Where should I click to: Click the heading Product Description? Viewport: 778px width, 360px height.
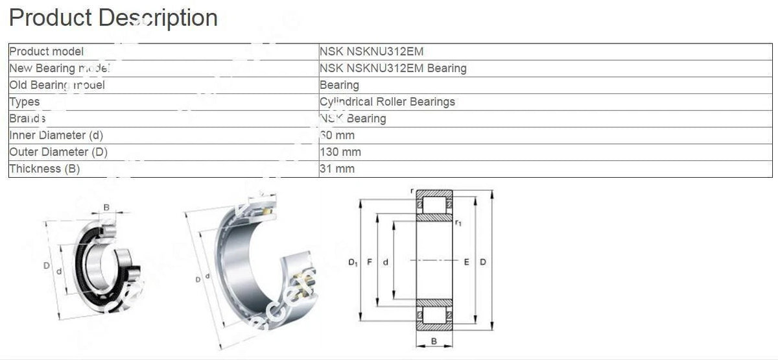(113, 18)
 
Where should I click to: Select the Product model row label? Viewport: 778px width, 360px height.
(47, 51)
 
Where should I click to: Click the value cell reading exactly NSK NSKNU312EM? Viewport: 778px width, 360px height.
(371, 51)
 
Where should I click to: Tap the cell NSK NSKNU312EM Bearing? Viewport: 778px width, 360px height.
(393, 68)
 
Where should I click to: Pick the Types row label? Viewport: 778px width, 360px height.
(25, 102)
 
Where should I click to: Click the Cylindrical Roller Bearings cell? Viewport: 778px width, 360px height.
(387, 102)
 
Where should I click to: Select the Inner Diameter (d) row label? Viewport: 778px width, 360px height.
(56, 136)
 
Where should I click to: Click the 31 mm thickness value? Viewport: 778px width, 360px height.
(337, 169)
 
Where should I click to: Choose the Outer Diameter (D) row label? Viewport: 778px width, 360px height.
(58, 152)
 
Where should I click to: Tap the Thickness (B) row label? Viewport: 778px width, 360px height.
(44, 169)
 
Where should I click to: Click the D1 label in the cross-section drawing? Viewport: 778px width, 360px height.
(352, 263)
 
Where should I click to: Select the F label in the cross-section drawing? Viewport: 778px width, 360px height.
(370, 263)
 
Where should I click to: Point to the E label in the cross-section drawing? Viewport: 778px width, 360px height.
(466, 263)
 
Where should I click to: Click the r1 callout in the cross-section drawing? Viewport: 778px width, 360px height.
(458, 223)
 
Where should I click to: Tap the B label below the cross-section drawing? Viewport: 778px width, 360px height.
(434, 341)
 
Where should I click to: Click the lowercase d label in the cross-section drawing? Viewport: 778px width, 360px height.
(386, 263)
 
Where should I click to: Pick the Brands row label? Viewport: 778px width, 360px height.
(27, 119)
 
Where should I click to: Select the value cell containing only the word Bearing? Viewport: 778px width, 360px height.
(339, 85)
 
